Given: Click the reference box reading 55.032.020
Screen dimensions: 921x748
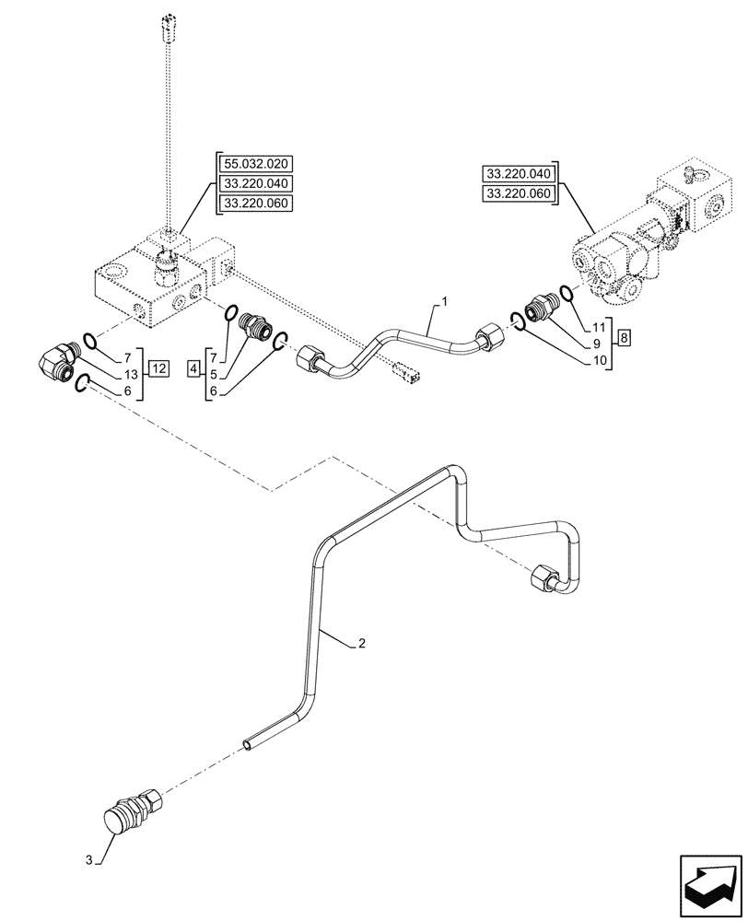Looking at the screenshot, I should click(254, 165).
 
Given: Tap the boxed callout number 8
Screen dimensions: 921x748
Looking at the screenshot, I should click(625, 337).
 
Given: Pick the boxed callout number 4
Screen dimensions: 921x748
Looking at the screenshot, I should click(193, 369).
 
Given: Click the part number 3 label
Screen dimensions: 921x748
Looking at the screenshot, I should click(89, 860).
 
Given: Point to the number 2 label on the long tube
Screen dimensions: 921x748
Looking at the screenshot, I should click(361, 646).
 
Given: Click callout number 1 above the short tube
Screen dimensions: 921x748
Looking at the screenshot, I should click(445, 301).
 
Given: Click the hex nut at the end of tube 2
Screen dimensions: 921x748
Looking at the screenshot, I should click(544, 577).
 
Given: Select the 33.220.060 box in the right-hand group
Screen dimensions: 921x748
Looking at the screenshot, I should click(518, 193).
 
